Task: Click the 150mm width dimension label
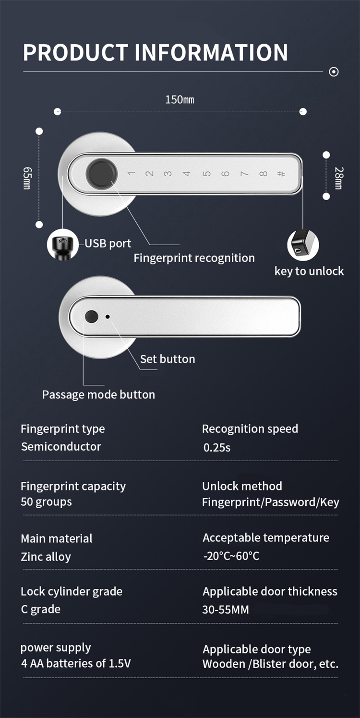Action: (180, 100)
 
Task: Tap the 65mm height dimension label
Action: (27, 178)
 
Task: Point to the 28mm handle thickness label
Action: (339, 178)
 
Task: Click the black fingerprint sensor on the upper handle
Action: (101, 174)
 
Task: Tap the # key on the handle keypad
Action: (281, 174)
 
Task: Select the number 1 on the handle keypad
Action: (131, 174)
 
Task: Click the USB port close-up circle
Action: (62, 245)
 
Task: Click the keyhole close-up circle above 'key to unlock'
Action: (303, 245)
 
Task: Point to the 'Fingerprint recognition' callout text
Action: (194, 258)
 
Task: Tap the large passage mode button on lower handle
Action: (91, 317)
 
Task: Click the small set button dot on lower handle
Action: (108, 317)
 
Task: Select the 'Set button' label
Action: (168, 359)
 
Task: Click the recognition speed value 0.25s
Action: (217, 447)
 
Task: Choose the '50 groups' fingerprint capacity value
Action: (46, 502)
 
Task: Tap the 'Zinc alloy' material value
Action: (46, 557)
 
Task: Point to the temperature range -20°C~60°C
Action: (231, 556)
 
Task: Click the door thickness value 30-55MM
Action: (226, 610)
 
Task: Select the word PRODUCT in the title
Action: (76, 52)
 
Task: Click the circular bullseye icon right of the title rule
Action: (334, 72)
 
